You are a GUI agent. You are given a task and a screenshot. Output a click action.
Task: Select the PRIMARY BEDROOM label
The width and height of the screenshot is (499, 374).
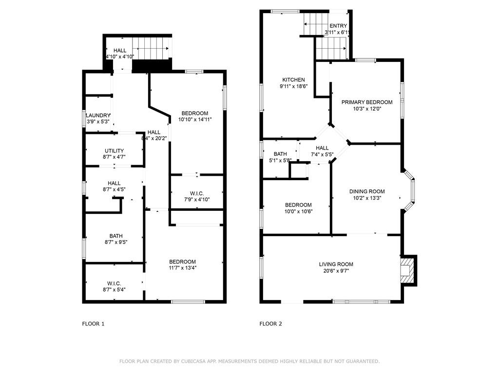click(367, 102)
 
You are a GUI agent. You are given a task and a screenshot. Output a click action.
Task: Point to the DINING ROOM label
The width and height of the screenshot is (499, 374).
click(367, 191)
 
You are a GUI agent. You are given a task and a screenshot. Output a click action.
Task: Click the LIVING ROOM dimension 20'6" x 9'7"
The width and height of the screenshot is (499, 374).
click(336, 271)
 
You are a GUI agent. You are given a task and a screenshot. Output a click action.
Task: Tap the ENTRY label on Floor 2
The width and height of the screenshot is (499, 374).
click(338, 26)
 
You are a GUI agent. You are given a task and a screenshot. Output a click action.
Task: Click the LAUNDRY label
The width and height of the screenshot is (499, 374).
click(98, 115)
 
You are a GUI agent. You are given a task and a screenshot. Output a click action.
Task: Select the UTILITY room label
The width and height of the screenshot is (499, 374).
click(114, 151)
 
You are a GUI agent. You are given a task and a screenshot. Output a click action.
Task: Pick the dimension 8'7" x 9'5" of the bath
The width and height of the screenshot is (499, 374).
click(116, 242)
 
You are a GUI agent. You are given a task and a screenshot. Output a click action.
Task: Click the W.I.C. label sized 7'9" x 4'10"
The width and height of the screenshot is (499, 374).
click(197, 193)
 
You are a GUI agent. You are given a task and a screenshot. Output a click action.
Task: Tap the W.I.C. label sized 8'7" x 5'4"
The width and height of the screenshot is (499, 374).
click(114, 283)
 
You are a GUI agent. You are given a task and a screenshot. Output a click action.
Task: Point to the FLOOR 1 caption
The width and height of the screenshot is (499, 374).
click(93, 324)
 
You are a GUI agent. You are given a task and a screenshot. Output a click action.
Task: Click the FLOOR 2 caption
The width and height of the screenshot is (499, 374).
click(271, 324)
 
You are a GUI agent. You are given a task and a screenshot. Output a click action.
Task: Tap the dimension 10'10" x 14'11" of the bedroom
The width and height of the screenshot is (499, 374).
click(195, 120)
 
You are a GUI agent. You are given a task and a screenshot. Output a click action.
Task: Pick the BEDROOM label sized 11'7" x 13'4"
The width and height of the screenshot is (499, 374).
click(182, 262)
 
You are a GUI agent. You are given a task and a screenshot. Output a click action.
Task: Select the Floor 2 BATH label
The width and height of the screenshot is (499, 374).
click(280, 154)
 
